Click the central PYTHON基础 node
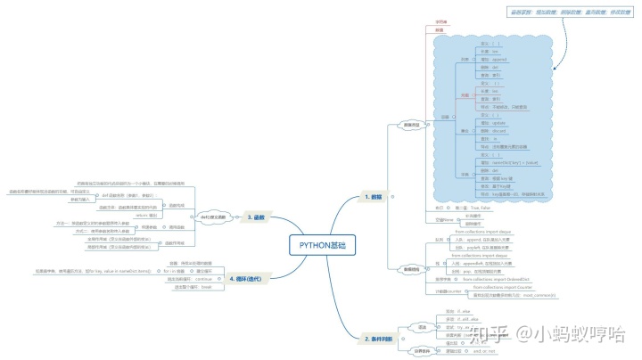pyautogui.click(x=325, y=245)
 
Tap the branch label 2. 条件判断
pyautogui.click(x=381, y=340)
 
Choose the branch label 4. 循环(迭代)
pyautogui.click(x=249, y=278)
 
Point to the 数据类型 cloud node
pyautogui.click(x=411, y=124)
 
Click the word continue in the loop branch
pyautogui.click(x=207, y=280)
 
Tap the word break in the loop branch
pyautogui.click(x=206, y=288)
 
